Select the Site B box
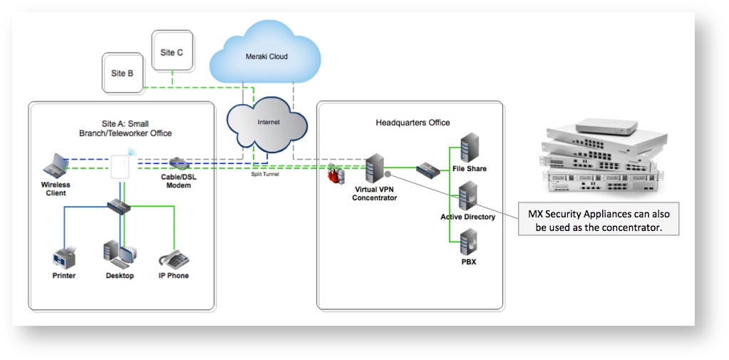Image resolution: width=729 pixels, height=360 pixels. (x=123, y=73)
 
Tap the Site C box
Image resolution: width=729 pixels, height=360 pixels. (x=172, y=52)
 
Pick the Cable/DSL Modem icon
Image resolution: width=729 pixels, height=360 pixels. (x=177, y=165)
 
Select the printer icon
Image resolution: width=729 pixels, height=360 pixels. (x=63, y=257)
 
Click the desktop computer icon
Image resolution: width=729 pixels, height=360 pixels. (x=118, y=254)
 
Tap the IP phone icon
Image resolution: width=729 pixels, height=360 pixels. (x=173, y=257)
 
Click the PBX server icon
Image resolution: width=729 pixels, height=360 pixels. (x=468, y=243)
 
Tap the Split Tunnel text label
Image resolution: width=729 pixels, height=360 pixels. (x=265, y=174)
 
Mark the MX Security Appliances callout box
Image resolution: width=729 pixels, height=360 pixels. (x=598, y=220)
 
